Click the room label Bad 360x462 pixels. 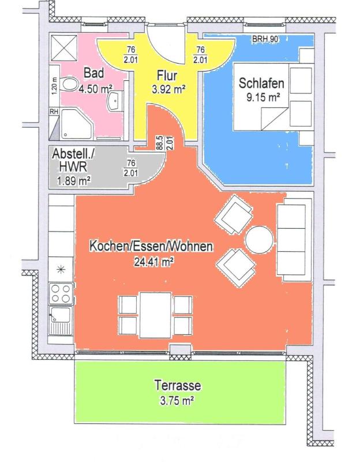pyautogui.click(x=93, y=73)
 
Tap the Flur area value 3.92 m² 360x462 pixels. pyautogui.click(x=168, y=89)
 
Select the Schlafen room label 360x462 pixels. pyautogui.click(x=261, y=83)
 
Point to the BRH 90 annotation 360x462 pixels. pyautogui.click(x=265, y=39)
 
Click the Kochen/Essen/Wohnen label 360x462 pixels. pyautogui.click(x=151, y=247)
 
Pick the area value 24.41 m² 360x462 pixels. pyautogui.click(x=153, y=262)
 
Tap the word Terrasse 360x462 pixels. pyautogui.click(x=178, y=386)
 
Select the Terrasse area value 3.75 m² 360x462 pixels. pyautogui.click(x=177, y=401)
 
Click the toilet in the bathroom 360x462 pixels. pyautogui.click(x=69, y=84)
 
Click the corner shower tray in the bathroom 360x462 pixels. pyautogui.click(x=76, y=124)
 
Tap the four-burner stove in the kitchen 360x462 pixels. pyautogui.click(x=61, y=293)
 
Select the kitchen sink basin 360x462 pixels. pyautogui.click(x=61, y=315)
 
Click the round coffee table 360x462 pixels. pyautogui.click(x=260, y=240)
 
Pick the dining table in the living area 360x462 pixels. pyautogui.click(x=155, y=315)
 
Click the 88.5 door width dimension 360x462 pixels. pyautogui.click(x=160, y=143)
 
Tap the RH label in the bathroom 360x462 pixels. pyautogui.click(x=54, y=111)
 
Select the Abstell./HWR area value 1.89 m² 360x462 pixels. pyautogui.click(x=73, y=180)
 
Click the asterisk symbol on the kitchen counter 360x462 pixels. pyautogui.click(x=61, y=269)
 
